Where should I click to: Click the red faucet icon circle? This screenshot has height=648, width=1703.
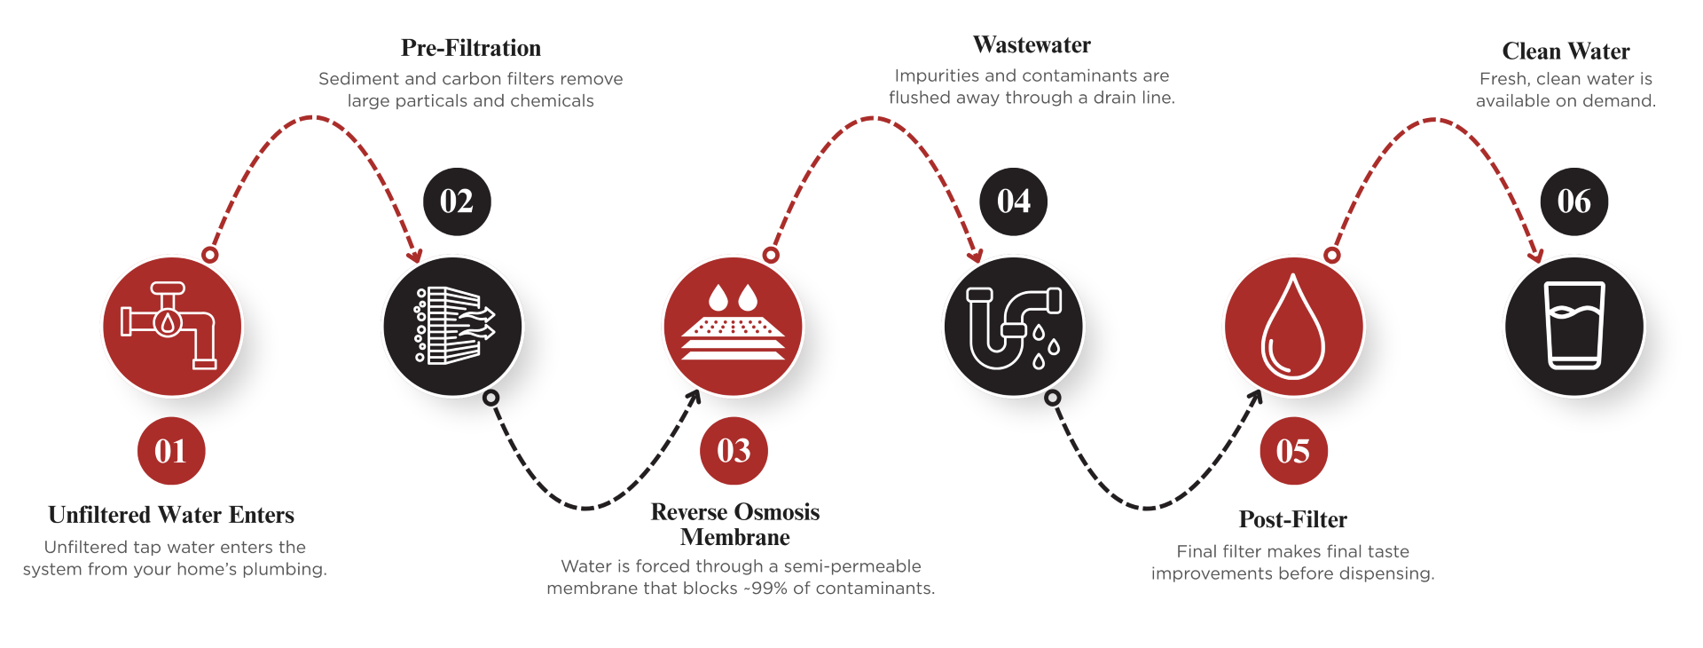tap(172, 326)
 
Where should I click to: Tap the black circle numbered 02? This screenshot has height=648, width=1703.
tap(457, 202)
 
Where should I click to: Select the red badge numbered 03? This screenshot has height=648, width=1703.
tap(734, 451)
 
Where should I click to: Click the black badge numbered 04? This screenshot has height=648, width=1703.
tap(1013, 202)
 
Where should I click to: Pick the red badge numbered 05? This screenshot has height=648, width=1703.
tap(1293, 451)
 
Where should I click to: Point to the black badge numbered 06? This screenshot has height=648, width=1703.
tap(1574, 202)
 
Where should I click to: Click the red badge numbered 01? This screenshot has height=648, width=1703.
tap(171, 451)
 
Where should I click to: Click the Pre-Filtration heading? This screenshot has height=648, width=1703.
tap(471, 48)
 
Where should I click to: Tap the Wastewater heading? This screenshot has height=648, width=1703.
tap(1032, 45)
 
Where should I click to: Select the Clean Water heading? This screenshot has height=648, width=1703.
tap(1566, 51)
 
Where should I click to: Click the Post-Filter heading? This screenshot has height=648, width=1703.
tap(1292, 519)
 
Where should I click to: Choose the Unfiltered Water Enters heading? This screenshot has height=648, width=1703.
tap(171, 515)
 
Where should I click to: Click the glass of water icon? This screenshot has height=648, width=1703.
tap(1574, 326)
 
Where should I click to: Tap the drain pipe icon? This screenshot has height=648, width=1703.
tap(1014, 326)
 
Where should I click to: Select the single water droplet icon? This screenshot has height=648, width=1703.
tap(1293, 326)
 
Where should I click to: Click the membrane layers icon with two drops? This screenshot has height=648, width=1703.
tap(734, 326)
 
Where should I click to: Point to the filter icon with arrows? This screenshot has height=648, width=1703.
tap(453, 326)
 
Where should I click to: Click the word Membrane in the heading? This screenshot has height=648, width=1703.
tap(734, 538)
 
